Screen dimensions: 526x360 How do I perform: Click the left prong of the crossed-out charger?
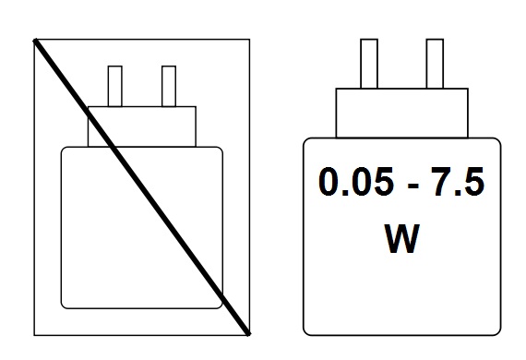coord(115,86)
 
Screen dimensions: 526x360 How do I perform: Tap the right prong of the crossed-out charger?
coord(168,86)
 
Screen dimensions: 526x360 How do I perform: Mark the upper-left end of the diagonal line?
coord(36,41)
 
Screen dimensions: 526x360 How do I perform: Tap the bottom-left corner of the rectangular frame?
coord(34,333)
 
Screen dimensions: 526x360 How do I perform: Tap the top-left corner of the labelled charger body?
coord(307,141)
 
